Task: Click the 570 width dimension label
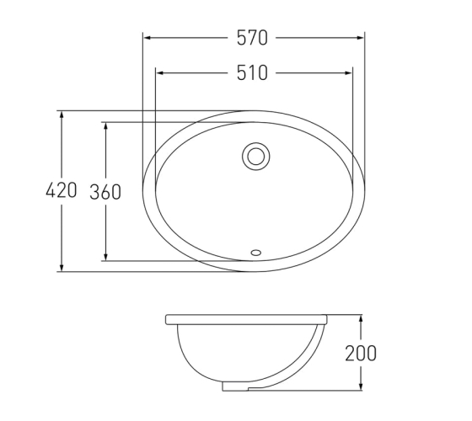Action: (x=252, y=38)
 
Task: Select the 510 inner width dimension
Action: (x=252, y=72)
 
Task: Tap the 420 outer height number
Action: (x=61, y=190)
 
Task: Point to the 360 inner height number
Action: (x=105, y=192)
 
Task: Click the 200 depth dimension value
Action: (x=361, y=353)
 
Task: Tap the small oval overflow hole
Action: (x=256, y=253)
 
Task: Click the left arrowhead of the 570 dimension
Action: (x=147, y=38)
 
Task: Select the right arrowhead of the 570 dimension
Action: (x=360, y=38)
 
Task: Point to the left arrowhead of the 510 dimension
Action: (x=159, y=72)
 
